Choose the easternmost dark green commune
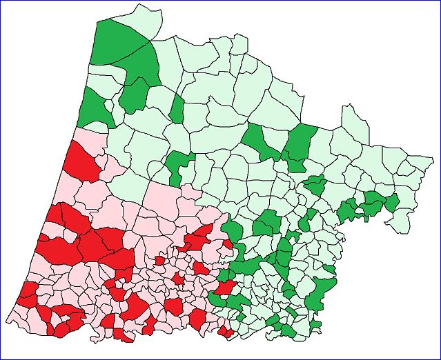[x=392, y=203]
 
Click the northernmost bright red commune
[x=81, y=163]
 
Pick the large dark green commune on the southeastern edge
[x=321, y=290]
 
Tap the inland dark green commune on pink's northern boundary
[x=178, y=166]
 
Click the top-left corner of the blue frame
[x=1, y=1]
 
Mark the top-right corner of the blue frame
[x=440, y=1]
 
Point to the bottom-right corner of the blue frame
[x=440, y=359]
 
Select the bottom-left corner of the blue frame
[x=1, y=359]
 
